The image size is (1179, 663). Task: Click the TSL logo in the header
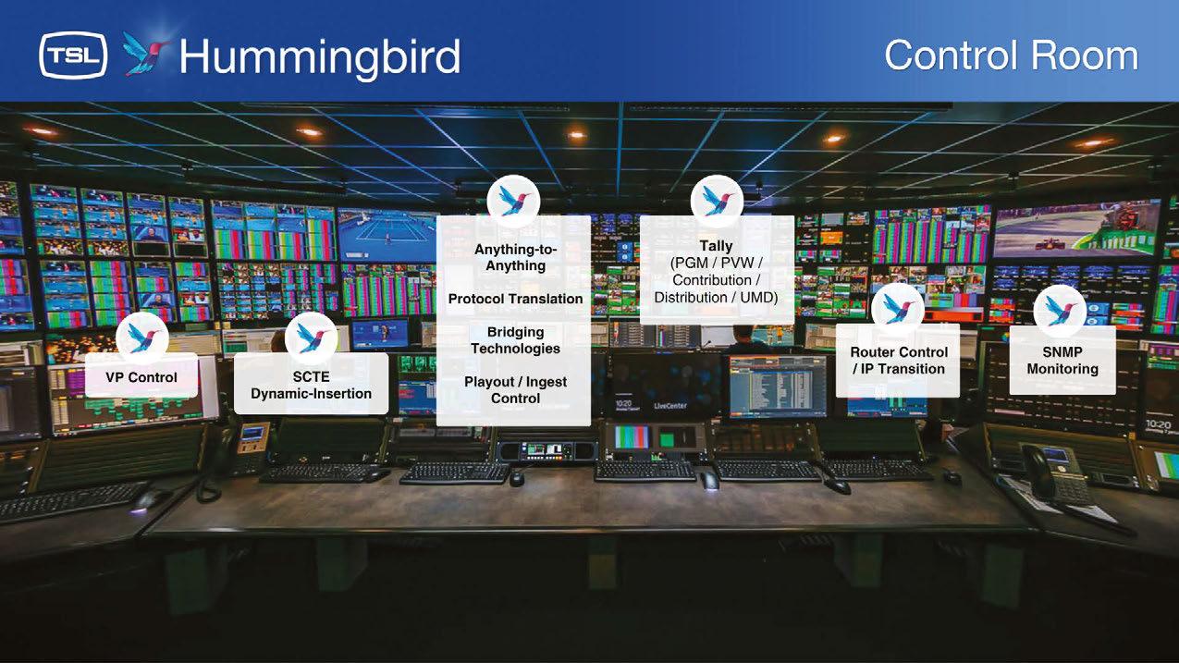coord(73,55)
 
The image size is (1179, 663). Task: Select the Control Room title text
coord(1011,55)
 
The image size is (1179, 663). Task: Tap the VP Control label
coord(141,377)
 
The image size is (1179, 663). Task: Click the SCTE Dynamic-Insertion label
coord(311,386)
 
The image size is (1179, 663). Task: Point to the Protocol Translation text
coord(515,299)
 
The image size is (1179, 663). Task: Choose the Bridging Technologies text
coord(515,340)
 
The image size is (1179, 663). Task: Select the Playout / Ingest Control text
coord(515,390)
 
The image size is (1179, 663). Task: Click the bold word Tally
coord(716,246)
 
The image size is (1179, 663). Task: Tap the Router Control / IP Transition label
coord(899,361)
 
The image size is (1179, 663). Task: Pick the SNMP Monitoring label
coord(1062,361)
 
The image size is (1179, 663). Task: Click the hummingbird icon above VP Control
coord(142,338)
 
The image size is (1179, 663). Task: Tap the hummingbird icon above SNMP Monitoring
coord(1060,311)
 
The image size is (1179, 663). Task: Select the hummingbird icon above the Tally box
coord(717,202)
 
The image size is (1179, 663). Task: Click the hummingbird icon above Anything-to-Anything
coord(513,202)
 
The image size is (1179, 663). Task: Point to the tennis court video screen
coord(387,234)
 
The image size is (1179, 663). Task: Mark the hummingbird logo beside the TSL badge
coord(145,53)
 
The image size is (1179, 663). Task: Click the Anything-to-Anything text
coord(515,257)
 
